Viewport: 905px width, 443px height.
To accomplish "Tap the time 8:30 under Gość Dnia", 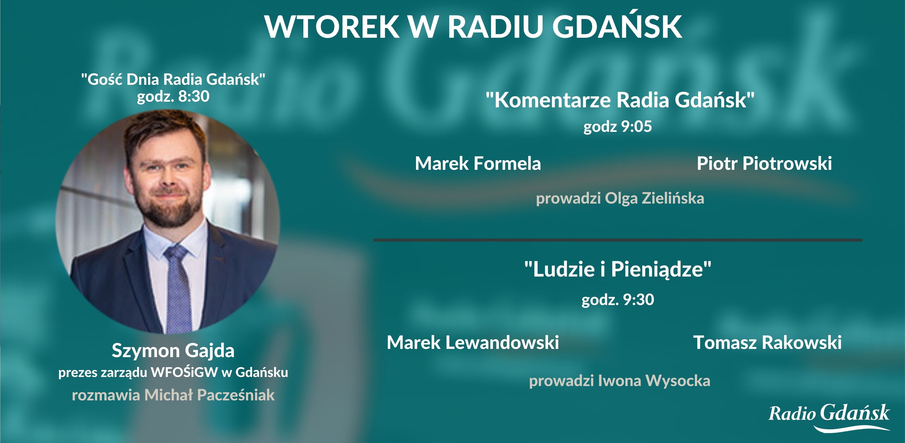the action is pos(194,96).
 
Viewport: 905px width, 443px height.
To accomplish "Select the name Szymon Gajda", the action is pos(173,351).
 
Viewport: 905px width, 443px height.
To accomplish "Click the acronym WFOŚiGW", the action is pos(184,372).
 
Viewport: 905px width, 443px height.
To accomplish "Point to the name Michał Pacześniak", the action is pos(209,395).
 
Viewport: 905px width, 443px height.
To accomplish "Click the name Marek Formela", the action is pos(478,163).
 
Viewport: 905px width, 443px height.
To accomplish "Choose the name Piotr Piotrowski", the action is pos(764,163).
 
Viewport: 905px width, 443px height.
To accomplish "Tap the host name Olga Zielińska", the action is pos(654,199).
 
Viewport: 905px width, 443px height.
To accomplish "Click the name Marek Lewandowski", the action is pos(473,343).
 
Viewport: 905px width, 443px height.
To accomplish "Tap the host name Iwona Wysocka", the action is pos(654,381).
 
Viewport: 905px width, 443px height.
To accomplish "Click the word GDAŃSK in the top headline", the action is pos(617,27).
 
